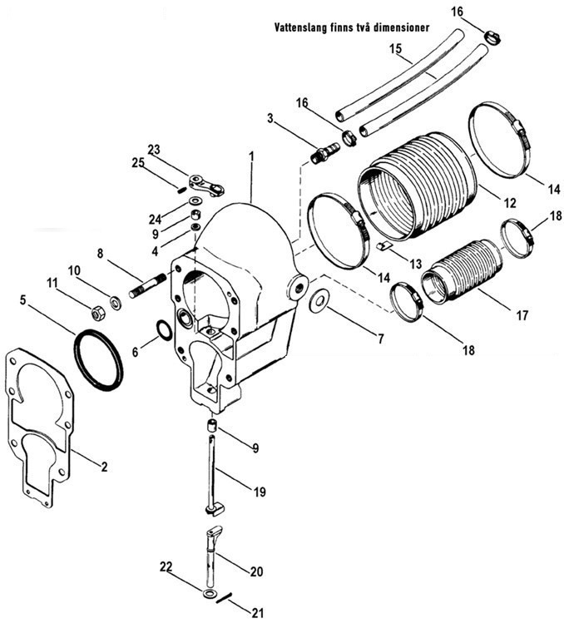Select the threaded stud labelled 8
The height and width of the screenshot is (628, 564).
click(x=148, y=285)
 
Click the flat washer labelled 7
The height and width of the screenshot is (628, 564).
click(x=319, y=301)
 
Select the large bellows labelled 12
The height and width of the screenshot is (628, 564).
click(x=417, y=186)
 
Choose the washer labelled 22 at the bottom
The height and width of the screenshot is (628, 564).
click(x=209, y=594)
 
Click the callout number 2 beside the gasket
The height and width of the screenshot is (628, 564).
click(x=104, y=466)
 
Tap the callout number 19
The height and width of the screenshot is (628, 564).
click(x=260, y=492)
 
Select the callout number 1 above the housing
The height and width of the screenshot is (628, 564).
click(x=251, y=156)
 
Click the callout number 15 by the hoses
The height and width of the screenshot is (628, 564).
click(x=395, y=49)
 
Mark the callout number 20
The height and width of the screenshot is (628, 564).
click(x=256, y=571)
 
